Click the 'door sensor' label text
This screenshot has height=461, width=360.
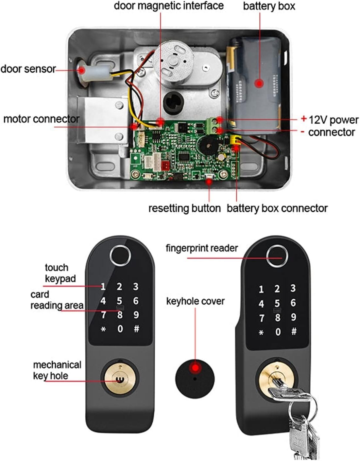(28, 69)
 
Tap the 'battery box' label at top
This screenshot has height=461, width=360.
(269, 6)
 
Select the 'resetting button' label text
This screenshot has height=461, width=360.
(184, 208)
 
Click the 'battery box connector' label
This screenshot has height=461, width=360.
(277, 208)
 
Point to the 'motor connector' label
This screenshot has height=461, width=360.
(41, 119)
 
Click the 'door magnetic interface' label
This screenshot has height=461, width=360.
(169, 6)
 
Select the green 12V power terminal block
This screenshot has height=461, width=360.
(213, 126)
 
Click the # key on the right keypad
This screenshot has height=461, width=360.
(294, 331)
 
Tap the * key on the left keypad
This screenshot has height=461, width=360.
(103, 329)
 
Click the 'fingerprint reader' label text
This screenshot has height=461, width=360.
(202, 248)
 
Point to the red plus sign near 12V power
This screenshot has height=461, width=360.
(304, 118)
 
